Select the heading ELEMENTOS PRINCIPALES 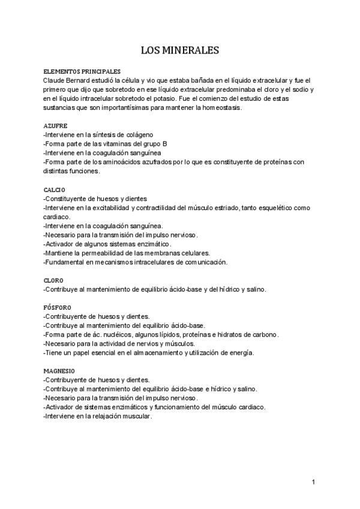coord(82,71)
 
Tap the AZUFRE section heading coord(55,127)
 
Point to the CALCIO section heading coord(55,190)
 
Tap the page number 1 coord(314,483)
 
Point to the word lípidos coord(164,335)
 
